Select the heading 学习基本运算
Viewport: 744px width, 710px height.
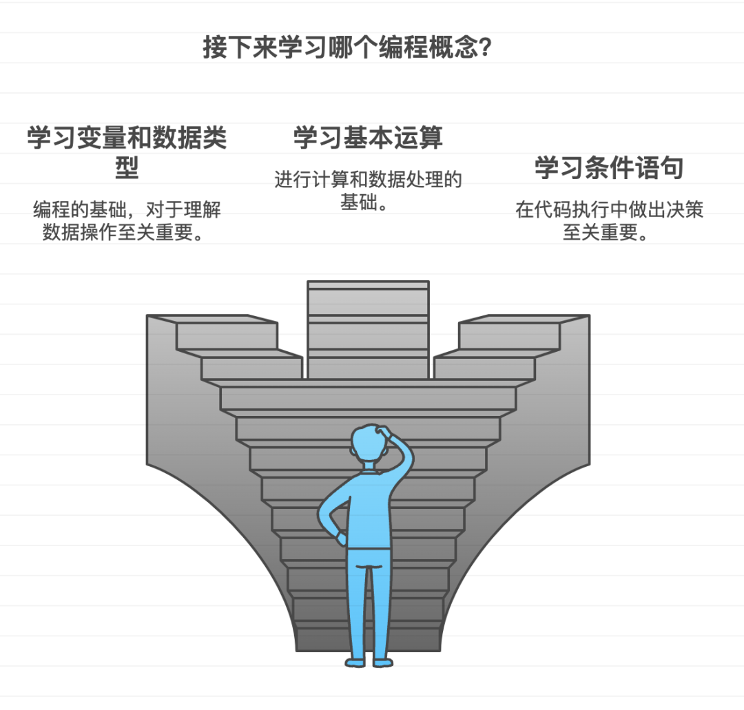point(368,137)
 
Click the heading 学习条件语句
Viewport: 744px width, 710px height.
point(609,167)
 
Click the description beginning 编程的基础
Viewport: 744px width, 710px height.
point(127,220)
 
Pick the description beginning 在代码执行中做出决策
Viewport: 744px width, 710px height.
point(609,220)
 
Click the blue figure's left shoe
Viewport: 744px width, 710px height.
point(355,662)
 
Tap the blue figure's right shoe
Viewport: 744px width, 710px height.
point(383,662)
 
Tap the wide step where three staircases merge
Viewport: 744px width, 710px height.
point(368,398)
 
